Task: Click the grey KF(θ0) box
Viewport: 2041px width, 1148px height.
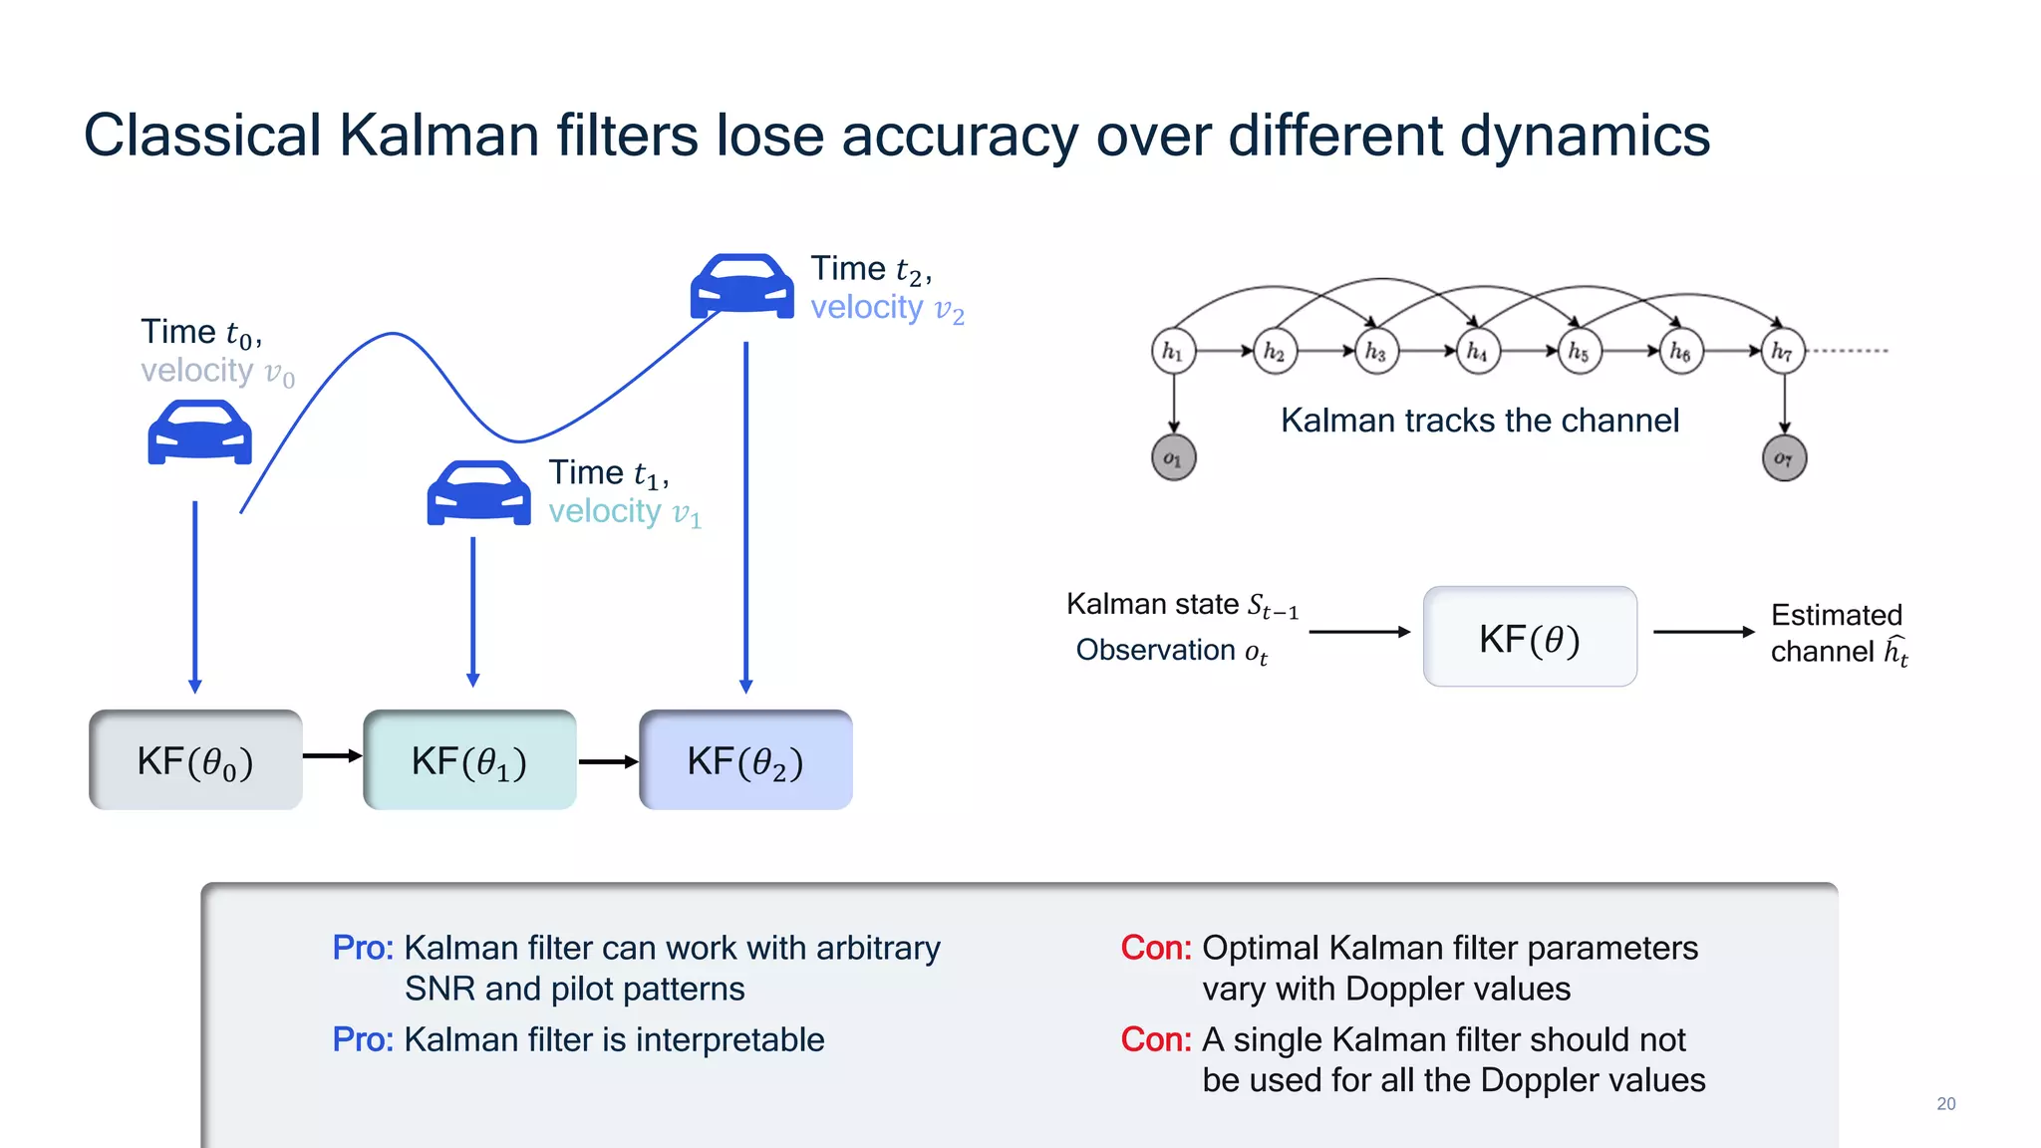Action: pyautogui.click(x=195, y=760)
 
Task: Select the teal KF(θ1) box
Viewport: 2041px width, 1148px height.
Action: pyautogui.click(x=469, y=760)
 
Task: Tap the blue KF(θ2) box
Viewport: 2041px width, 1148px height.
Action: pyautogui.click(x=745, y=760)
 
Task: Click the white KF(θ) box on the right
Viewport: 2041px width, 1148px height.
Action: pyautogui.click(x=1530, y=637)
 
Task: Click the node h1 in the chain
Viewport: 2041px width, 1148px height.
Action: pyautogui.click(x=1173, y=351)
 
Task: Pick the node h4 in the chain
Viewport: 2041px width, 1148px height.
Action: pyautogui.click(x=1477, y=351)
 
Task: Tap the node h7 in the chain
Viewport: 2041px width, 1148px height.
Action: pyautogui.click(x=1783, y=351)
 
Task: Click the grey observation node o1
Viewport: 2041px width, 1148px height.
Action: pyautogui.click(x=1173, y=458)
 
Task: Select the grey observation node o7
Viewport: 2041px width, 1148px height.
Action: pyautogui.click(x=1784, y=458)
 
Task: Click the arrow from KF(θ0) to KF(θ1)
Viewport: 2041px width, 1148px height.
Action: pyautogui.click(x=332, y=756)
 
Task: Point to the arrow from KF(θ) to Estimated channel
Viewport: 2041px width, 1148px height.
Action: pyautogui.click(x=1703, y=632)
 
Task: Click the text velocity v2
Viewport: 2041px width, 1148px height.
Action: pyautogui.click(x=887, y=309)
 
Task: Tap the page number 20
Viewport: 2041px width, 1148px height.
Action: pyautogui.click(x=1945, y=1103)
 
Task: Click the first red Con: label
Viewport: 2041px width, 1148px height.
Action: pyautogui.click(x=1155, y=948)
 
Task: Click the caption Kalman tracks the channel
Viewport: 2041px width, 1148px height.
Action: pyautogui.click(x=1479, y=421)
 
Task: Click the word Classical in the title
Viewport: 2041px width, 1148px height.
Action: pyautogui.click(x=202, y=136)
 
